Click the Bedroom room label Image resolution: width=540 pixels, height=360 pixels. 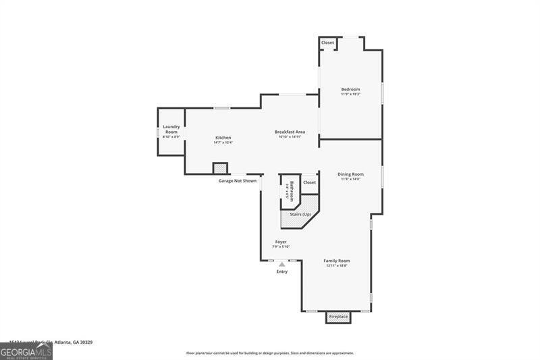[350, 89]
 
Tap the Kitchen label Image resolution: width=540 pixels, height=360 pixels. [223, 138]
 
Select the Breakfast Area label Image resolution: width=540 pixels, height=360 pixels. [290, 132]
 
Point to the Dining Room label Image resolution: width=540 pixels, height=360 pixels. [350, 174]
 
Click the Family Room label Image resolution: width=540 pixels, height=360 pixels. [337, 261]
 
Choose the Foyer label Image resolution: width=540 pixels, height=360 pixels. [281, 242]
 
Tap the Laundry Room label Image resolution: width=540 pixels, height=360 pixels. [171, 128]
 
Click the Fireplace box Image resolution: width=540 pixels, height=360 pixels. [338, 316]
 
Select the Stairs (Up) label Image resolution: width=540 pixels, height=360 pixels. [300, 214]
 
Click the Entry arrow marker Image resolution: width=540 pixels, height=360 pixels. [282, 264]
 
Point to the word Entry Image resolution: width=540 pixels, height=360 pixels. [282, 272]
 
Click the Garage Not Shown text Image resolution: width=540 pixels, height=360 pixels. [238, 181]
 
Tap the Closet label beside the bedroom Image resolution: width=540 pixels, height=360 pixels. [327, 43]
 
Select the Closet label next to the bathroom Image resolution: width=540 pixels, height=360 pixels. [309, 182]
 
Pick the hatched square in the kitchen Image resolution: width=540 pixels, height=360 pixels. [220, 168]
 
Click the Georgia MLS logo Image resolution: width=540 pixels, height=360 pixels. [26, 351]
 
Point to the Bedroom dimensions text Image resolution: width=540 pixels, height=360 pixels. [350, 95]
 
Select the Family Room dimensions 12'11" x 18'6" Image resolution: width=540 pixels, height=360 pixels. [337, 266]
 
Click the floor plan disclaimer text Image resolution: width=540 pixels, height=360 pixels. [270, 353]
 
